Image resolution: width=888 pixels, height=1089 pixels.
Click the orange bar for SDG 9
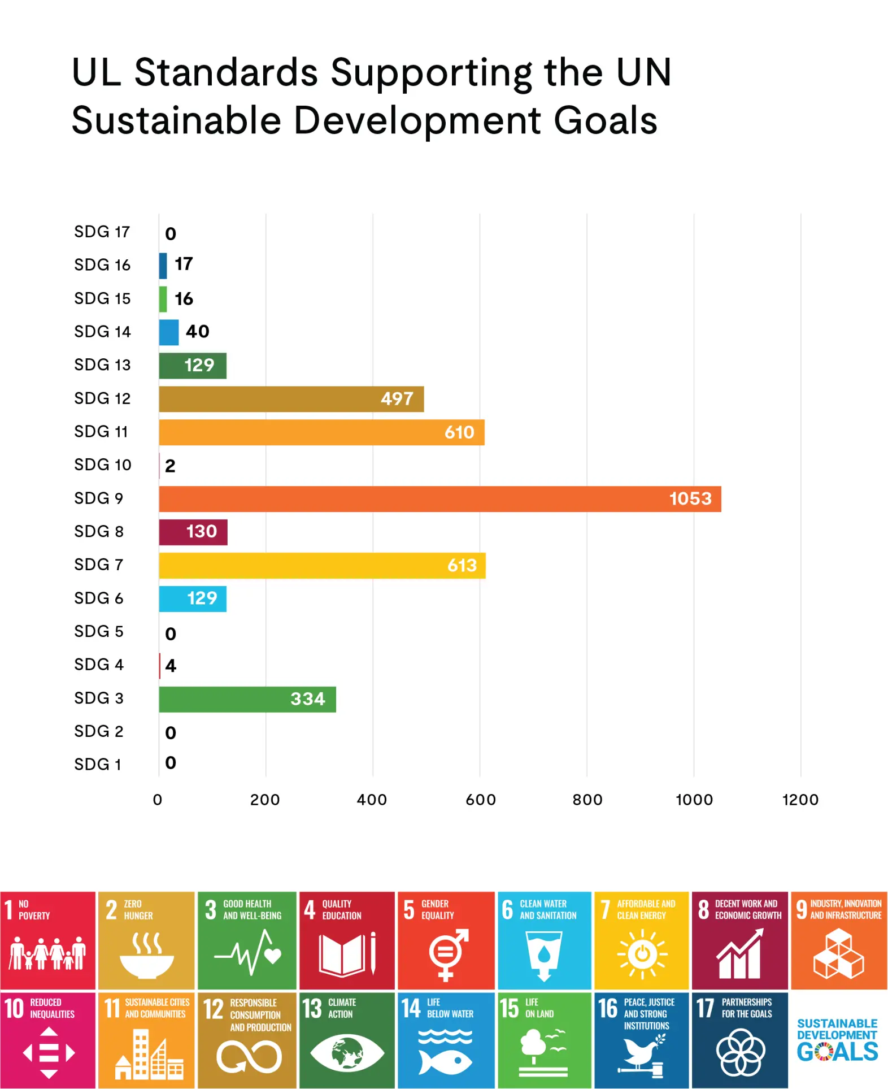point(439,499)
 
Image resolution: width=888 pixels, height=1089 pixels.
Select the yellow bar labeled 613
point(322,566)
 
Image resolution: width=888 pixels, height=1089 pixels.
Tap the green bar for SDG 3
point(247,699)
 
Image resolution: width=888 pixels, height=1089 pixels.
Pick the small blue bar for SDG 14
point(168,332)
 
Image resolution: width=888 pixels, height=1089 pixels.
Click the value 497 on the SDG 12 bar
point(397,399)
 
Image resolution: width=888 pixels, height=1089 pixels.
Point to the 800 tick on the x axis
point(587,800)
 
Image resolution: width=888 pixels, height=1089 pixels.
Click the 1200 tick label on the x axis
point(800,800)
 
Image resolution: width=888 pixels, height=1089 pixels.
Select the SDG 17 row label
point(102,232)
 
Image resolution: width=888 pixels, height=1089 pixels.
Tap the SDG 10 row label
point(102,465)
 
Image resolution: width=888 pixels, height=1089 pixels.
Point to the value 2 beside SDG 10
point(170,466)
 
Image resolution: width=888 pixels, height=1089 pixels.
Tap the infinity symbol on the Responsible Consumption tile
point(249,1057)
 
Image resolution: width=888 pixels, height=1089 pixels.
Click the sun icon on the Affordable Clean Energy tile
point(642,954)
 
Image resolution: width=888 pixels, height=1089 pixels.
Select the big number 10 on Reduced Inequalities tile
point(14,1009)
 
